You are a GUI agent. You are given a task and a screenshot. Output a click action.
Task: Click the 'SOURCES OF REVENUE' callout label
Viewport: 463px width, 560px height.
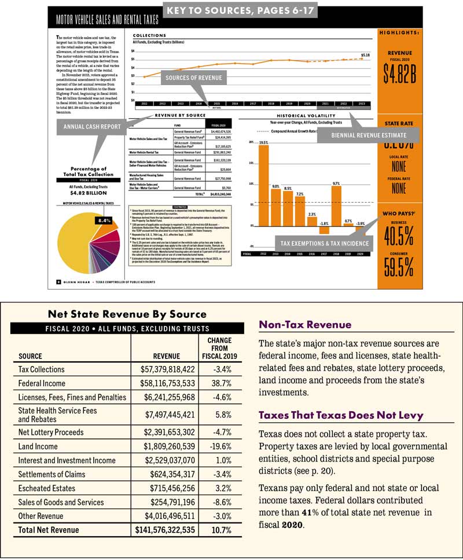(x=194, y=78)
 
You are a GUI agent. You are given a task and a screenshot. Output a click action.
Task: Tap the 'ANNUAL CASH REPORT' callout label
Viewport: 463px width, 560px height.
(x=92, y=126)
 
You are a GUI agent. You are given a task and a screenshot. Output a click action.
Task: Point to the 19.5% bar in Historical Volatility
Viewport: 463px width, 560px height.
(x=263, y=185)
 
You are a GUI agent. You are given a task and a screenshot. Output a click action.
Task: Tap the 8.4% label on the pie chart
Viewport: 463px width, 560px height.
(x=104, y=221)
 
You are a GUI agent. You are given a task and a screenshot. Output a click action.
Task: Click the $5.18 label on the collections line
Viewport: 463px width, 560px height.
(x=365, y=55)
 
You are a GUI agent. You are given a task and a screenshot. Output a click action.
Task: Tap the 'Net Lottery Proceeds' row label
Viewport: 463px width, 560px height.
(x=51, y=432)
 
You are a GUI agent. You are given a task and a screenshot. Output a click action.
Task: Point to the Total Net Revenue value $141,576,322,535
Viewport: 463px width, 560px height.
(x=165, y=529)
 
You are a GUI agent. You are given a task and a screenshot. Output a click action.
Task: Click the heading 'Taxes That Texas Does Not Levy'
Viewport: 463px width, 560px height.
(x=341, y=415)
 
